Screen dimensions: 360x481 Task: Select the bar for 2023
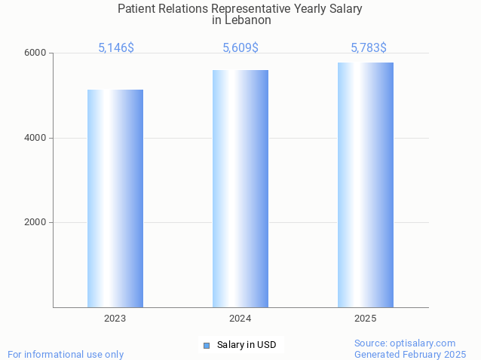pyautogui.click(x=115, y=198)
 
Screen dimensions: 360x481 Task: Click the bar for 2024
pyautogui.click(x=240, y=188)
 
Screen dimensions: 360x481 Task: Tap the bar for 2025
pyautogui.click(x=366, y=185)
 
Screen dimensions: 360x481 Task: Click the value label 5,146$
pyautogui.click(x=116, y=48)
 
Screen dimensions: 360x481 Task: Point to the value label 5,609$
pyautogui.click(x=240, y=48)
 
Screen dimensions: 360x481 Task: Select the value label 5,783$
pyautogui.click(x=369, y=48)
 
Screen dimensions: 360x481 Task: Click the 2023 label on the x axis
pyautogui.click(x=115, y=319)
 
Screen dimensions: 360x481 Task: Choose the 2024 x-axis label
pyautogui.click(x=240, y=319)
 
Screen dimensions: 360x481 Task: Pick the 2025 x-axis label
pyautogui.click(x=366, y=319)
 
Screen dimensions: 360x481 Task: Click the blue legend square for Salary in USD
pyautogui.click(x=206, y=346)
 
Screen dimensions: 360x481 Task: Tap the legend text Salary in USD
pyautogui.click(x=247, y=346)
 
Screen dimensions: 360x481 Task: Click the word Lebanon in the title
pyautogui.click(x=247, y=21)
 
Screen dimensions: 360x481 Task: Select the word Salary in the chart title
pyautogui.click(x=345, y=9)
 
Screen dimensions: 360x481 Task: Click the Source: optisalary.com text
pyautogui.click(x=405, y=343)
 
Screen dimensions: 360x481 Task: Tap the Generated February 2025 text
pyautogui.click(x=410, y=354)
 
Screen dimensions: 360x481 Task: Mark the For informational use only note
pyautogui.click(x=66, y=354)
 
